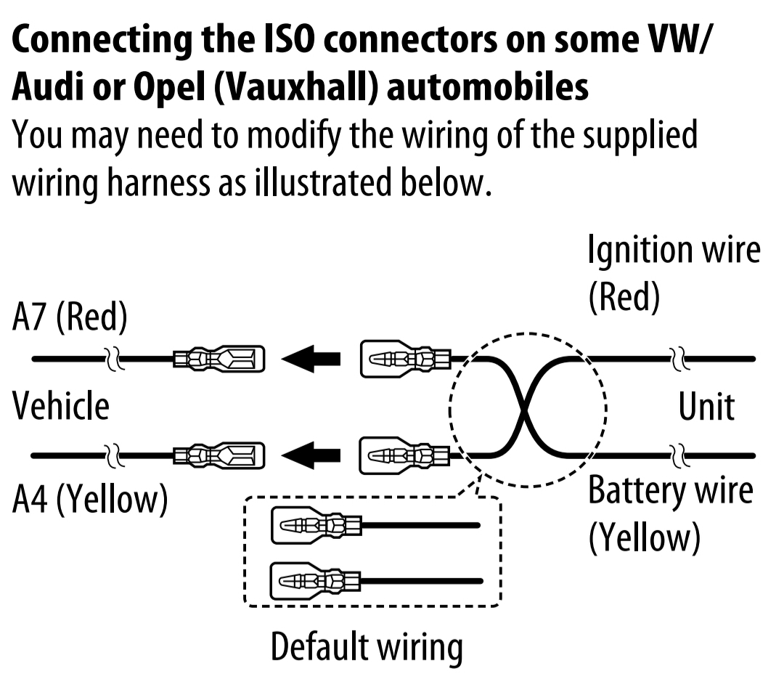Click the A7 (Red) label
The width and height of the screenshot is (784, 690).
[x=70, y=316]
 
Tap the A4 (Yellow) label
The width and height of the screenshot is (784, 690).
[x=90, y=499]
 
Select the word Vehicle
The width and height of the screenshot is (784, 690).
[x=61, y=405]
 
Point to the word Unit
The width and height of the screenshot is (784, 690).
[x=706, y=406]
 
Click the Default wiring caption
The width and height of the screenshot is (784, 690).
[x=367, y=647]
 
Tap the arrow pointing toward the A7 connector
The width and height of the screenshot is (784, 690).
[x=311, y=359]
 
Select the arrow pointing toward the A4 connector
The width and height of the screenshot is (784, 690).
[x=311, y=455]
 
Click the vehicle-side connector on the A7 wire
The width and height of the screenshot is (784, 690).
[x=219, y=360]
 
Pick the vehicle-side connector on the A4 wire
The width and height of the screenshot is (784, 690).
[x=219, y=456]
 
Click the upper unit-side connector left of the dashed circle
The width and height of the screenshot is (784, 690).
[x=405, y=359]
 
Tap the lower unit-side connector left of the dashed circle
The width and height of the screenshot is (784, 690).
[x=405, y=455]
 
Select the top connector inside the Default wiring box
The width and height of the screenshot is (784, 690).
[x=316, y=525]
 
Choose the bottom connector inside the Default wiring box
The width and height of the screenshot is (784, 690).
[x=316, y=582]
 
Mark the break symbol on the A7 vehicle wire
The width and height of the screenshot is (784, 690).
[x=115, y=359]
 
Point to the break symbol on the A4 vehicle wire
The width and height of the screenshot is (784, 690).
[x=115, y=455]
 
